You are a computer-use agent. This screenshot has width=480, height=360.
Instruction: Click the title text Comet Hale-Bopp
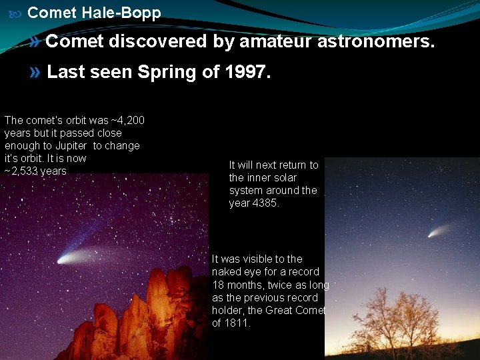click(x=94, y=13)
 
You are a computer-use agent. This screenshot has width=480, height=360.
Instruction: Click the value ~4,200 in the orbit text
click(x=127, y=121)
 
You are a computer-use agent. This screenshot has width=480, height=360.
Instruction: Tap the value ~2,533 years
click(x=35, y=171)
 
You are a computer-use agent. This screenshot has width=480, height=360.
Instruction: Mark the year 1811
click(x=241, y=323)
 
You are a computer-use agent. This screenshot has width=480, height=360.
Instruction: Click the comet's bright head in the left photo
click(x=63, y=259)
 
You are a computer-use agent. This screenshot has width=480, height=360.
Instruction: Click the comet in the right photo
click(x=433, y=233)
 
